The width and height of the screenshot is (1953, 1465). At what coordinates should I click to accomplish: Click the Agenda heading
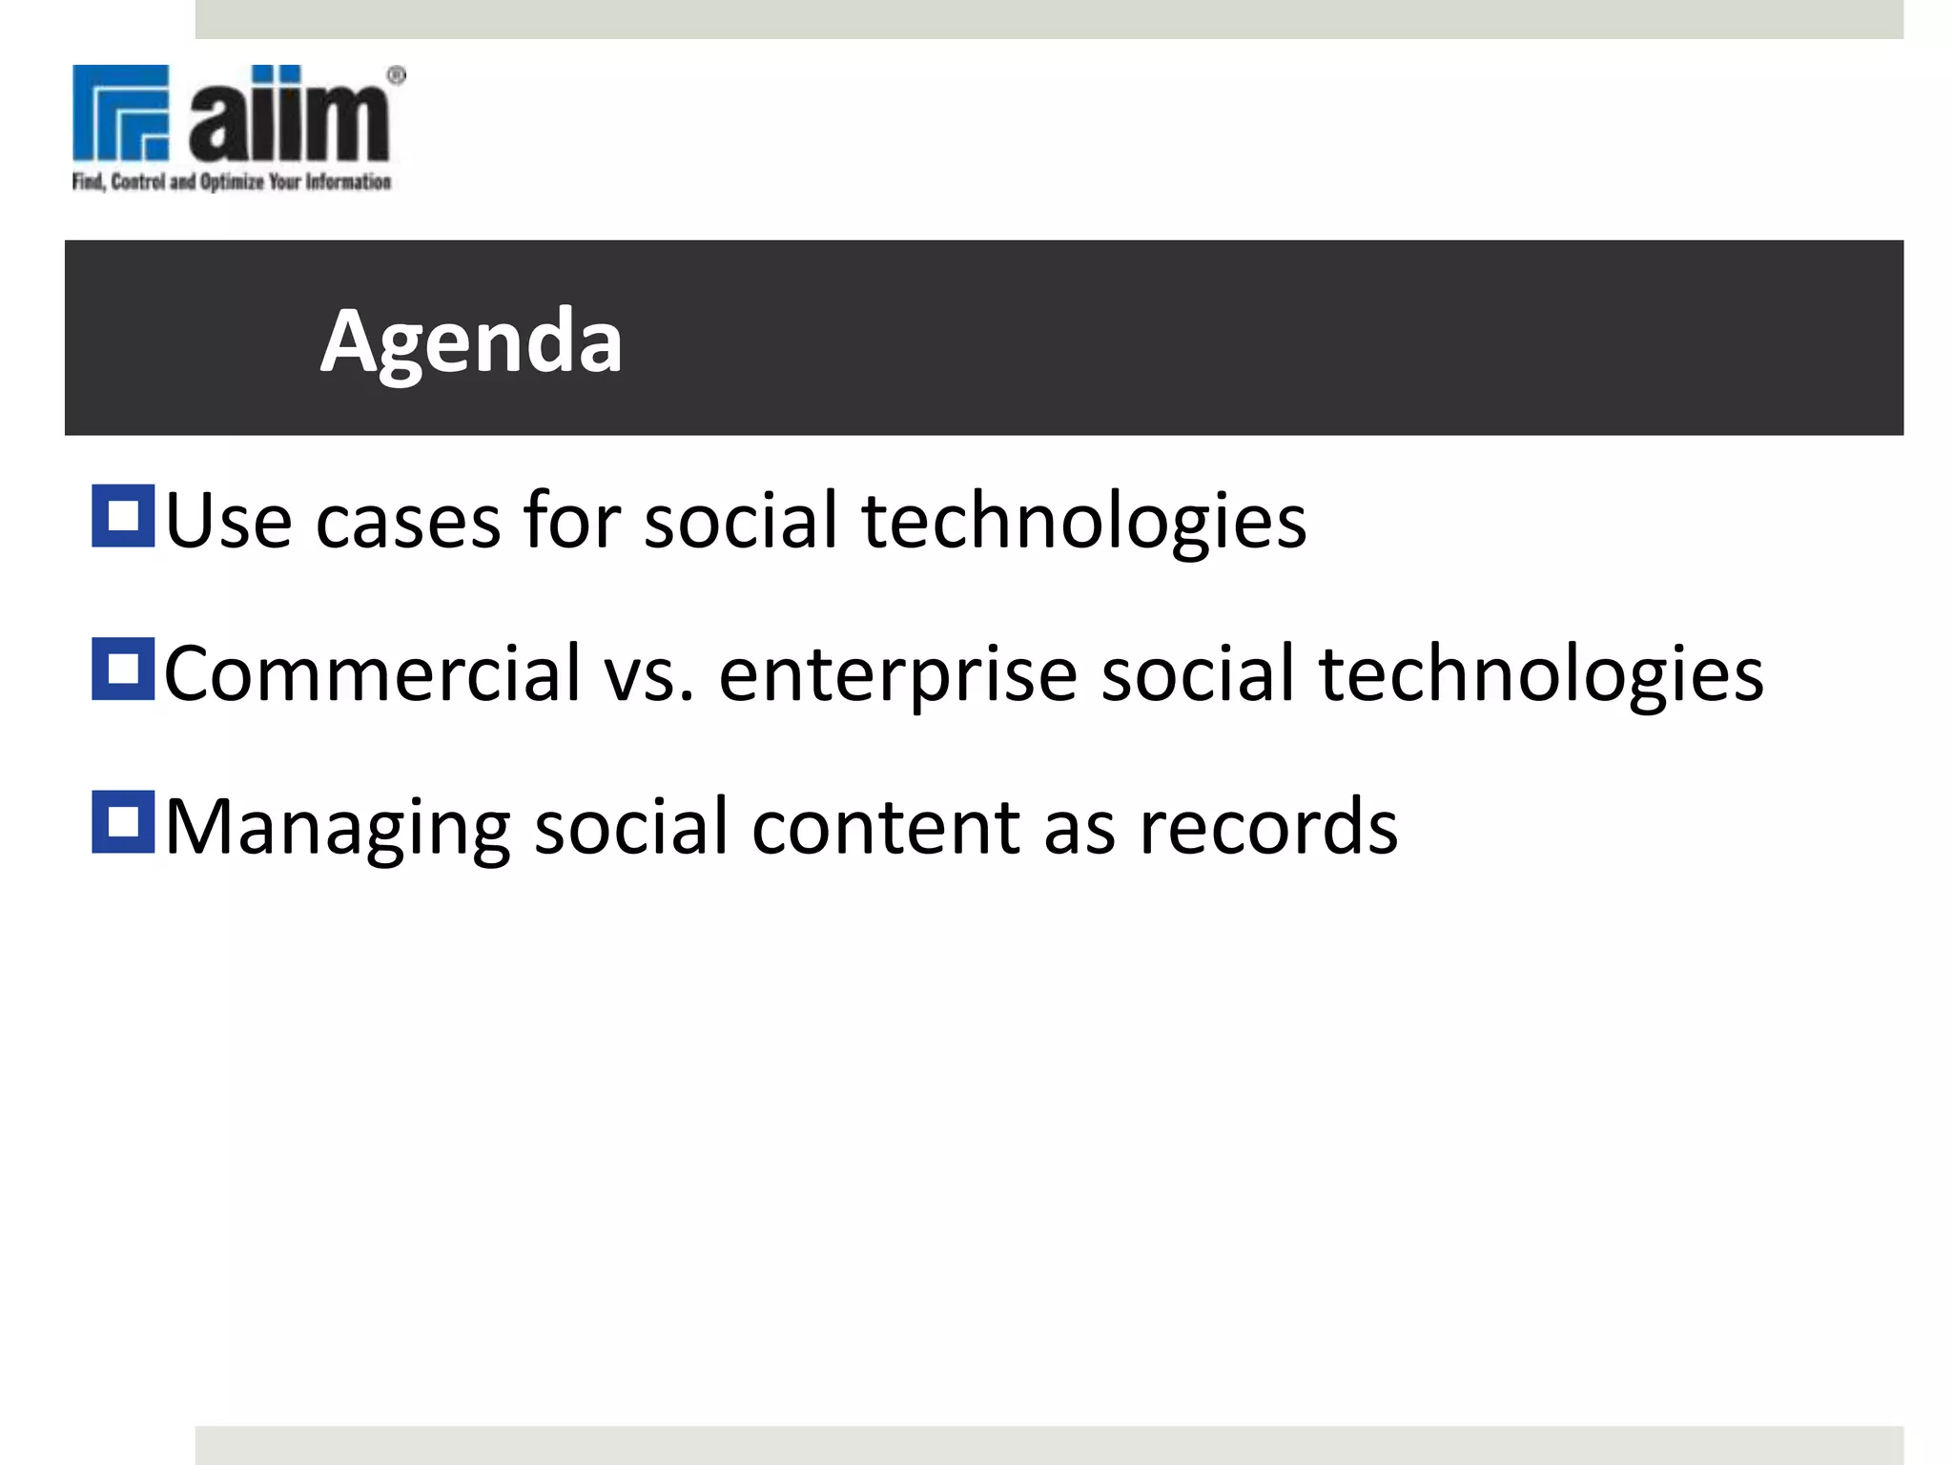471,341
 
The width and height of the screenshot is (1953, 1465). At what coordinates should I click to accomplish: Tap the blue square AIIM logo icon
121,112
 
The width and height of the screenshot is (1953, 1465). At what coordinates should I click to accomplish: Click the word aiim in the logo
289,115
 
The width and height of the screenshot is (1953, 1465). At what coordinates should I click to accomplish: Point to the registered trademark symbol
397,75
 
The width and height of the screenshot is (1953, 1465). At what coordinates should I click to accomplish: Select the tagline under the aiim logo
232,181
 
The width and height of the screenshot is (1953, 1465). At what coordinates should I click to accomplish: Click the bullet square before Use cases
123,516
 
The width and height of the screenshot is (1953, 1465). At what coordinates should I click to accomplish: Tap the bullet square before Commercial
123,669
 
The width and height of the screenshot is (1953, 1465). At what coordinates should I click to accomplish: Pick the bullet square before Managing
123,821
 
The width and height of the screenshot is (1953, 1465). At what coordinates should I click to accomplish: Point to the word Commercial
372,673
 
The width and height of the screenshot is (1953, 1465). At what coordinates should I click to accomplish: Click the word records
1268,827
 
